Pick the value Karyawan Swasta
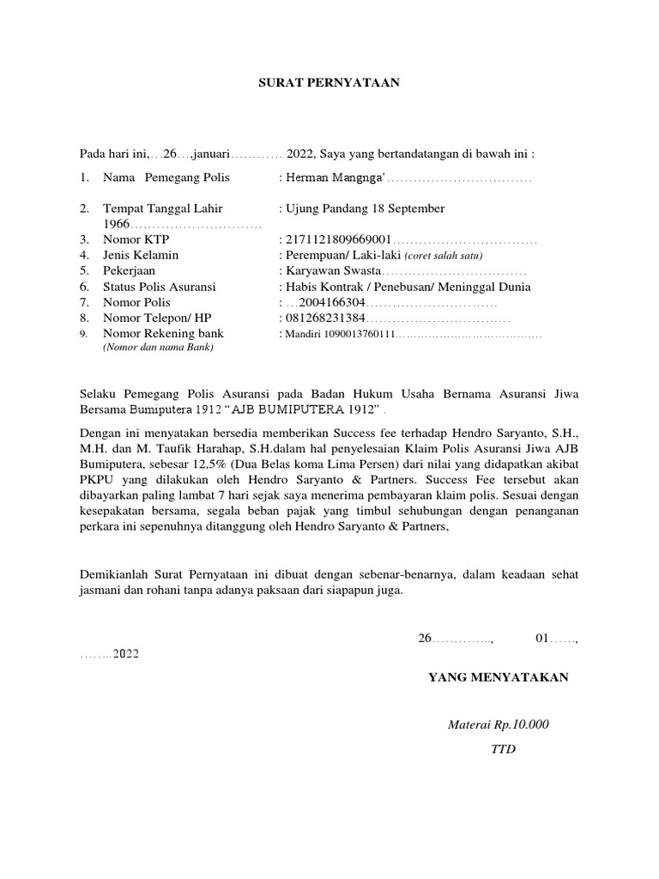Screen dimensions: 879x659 click(332, 271)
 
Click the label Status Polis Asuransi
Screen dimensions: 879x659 click(159, 287)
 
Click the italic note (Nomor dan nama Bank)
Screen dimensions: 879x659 click(157, 348)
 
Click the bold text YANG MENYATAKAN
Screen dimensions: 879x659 click(499, 678)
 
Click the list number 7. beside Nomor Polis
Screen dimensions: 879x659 click(85, 302)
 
